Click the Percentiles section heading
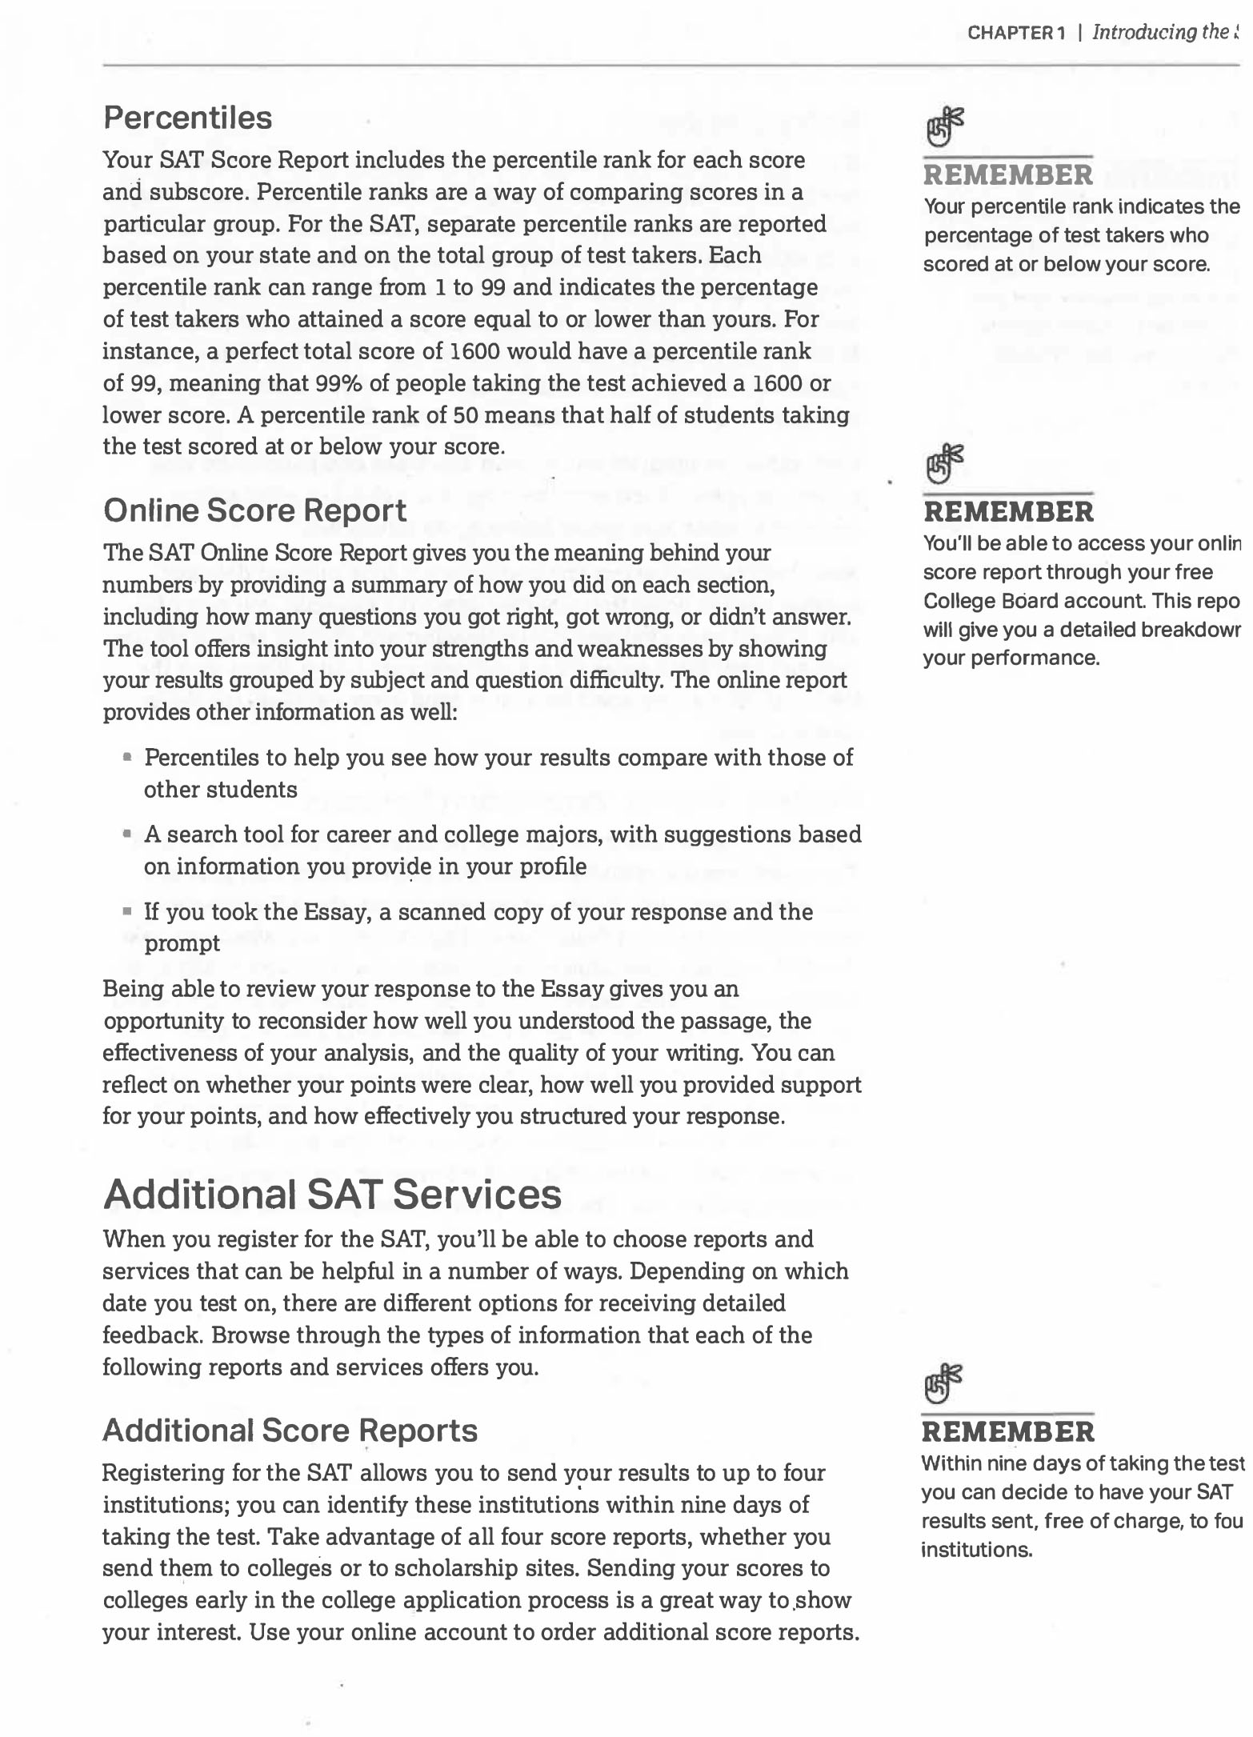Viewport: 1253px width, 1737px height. tap(188, 118)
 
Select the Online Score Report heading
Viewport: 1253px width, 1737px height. tap(255, 510)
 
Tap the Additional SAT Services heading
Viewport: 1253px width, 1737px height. tap(332, 1195)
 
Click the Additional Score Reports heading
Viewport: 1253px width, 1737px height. tap(290, 1431)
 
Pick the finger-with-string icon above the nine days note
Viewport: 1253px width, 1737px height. tap(943, 1383)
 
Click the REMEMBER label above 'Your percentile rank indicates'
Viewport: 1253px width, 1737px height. tap(1008, 175)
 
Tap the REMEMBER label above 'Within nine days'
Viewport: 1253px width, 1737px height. tap(1008, 1431)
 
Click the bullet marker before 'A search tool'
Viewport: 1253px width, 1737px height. tap(127, 834)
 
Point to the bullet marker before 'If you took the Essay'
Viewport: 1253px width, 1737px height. tap(127, 911)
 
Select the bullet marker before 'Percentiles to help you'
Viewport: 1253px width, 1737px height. tap(127, 756)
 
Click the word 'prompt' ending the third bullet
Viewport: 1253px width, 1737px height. tap(182, 943)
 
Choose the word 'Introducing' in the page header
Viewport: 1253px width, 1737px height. tap(1144, 33)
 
